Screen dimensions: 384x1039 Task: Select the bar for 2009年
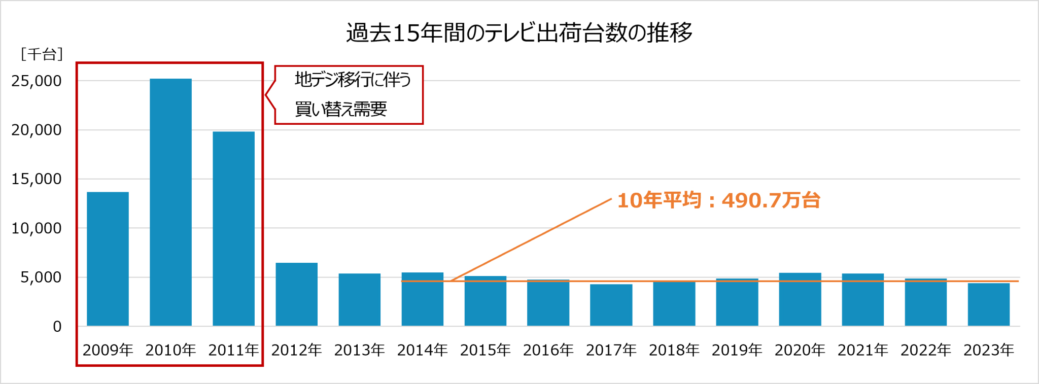108,259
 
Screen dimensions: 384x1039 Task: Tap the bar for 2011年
233,228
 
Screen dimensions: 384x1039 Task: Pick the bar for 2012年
296,294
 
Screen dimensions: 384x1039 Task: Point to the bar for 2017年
611,305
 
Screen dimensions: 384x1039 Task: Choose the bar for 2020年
800,299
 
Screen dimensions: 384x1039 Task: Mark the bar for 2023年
988,304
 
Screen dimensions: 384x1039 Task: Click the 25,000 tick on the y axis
37,81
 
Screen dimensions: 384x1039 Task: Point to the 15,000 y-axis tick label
37,179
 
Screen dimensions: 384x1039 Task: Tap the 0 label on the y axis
57,327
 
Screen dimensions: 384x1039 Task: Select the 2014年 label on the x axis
422,350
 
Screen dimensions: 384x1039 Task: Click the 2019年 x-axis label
737,350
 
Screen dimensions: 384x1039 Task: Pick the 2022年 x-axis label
925,350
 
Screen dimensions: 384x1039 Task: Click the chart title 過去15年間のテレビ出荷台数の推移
519,33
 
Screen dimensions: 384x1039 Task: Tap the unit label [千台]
42,54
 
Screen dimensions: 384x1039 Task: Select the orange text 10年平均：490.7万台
718,200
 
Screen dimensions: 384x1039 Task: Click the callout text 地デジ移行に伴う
353,80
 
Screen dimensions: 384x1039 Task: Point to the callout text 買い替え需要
341,109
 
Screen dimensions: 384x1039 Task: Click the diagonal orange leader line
531,239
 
